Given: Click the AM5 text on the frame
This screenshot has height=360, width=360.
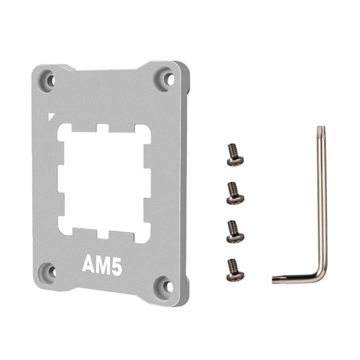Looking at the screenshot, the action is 102,266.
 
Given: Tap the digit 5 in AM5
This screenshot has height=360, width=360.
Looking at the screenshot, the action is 116,266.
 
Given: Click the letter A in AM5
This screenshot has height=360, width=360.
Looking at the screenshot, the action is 88,265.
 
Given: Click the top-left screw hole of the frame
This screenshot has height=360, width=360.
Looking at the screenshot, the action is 51,80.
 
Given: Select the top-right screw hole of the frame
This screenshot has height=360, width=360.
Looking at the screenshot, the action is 170,80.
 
